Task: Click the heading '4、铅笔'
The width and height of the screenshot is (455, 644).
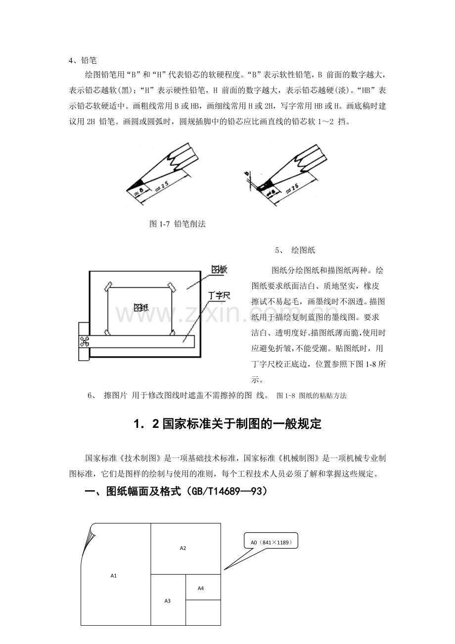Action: (83, 60)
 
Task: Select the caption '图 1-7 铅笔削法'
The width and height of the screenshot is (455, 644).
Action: (178, 224)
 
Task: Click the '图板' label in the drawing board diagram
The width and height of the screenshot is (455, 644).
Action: (219, 270)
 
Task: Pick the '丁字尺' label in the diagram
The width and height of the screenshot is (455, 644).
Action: (219, 295)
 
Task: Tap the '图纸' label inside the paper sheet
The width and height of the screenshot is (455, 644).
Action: (141, 308)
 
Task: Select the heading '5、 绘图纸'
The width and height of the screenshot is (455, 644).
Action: (295, 250)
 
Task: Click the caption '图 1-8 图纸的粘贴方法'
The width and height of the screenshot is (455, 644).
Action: (311, 396)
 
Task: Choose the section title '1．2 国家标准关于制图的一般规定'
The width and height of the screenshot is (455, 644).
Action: (227, 424)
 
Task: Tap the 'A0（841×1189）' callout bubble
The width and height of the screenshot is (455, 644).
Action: (271, 542)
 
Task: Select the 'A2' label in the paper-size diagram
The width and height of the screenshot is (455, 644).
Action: (183, 548)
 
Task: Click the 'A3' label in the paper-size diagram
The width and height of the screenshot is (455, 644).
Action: (167, 601)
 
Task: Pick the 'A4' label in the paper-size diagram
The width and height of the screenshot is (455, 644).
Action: (201, 588)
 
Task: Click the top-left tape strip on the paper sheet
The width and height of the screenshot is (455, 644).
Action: (108, 287)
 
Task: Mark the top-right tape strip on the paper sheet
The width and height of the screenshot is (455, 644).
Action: (172, 287)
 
